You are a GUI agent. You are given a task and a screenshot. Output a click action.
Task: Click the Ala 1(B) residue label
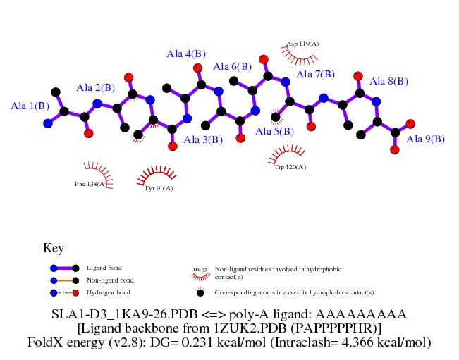(30, 106)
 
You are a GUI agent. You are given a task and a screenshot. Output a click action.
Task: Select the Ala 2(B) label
(95, 88)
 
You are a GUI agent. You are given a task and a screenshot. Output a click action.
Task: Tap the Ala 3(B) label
(203, 140)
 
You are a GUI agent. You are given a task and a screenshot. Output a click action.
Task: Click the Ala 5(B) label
(274, 132)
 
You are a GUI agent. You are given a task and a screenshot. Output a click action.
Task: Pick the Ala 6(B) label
(232, 67)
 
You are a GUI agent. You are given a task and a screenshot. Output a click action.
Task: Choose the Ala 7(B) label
(315, 75)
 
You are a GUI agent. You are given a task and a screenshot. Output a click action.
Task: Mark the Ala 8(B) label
(388, 82)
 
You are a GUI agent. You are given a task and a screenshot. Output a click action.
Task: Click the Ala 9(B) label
(425, 139)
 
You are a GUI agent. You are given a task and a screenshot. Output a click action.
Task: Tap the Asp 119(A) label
(303, 44)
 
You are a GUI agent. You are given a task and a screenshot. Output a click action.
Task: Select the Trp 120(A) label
(290, 167)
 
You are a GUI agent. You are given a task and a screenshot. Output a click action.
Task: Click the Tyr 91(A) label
(159, 188)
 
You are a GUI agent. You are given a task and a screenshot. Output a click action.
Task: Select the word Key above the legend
(54, 248)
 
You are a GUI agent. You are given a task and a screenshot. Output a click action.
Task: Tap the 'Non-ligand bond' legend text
(110, 280)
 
